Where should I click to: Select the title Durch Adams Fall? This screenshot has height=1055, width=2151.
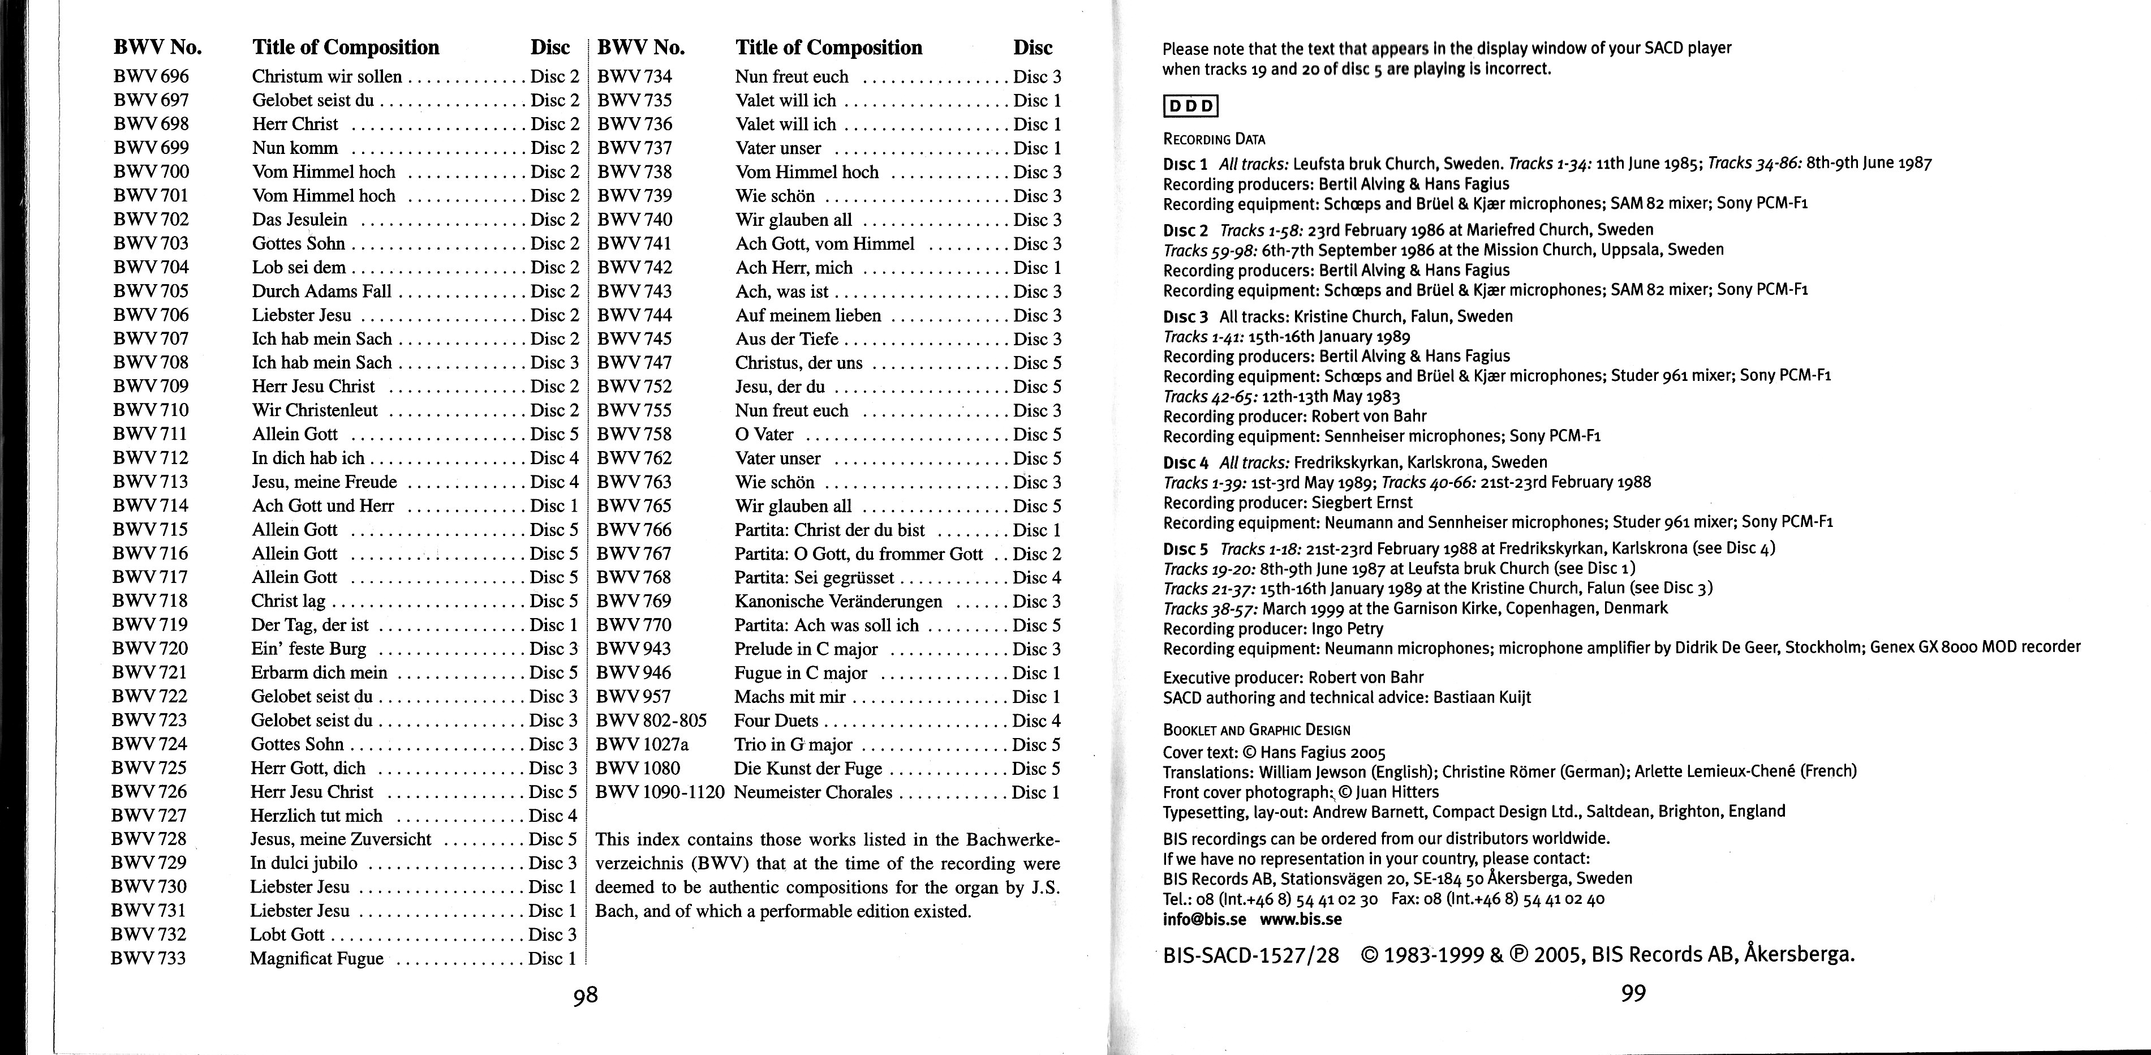pyautogui.click(x=321, y=291)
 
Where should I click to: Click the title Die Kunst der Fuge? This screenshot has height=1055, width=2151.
pyautogui.click(x=807, y=769)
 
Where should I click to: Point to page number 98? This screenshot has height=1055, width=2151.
pyautogui.click(x=586, y=995)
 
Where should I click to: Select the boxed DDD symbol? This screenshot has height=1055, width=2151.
pyautogui.click(x=1191, y=106)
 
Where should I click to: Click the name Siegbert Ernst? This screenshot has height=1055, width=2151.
pyautogui.click(x=1362, y=503)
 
